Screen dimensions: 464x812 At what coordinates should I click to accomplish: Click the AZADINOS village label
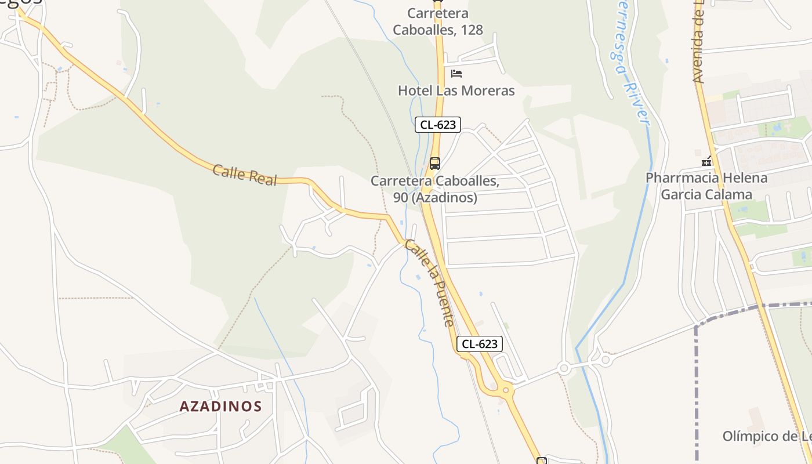pyautogui.click(x=220, y=406)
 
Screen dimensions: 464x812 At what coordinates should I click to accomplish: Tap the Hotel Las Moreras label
pyautogui.click(x=456, y=90)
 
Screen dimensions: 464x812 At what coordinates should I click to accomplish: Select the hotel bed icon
pyautogui.click(x=456, y=74)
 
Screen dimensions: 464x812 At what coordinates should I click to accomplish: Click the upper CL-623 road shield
pyautogui.click(x=438, y=124)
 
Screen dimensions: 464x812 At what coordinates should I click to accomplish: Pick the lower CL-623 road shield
pyautogui.click(x=480, y=343)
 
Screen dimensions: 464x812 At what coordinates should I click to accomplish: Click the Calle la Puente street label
pyautogui.click(x=429, y=282)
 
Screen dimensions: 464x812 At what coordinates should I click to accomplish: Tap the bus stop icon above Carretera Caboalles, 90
pyautogui.click(x=435, y=164)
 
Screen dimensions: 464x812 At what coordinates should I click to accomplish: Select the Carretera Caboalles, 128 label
pyautogui.click(x=438, y=21)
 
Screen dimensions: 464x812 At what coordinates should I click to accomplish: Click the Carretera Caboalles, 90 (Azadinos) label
pyautogui.click(x=435, y=189)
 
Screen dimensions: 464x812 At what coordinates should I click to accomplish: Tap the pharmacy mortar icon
pyautogui.click(x=706, y=161)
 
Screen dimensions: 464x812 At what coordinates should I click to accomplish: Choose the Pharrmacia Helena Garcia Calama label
pyautogui.click(x=706, y=186)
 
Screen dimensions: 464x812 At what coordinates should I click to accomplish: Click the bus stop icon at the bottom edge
pyautogui.click(x=542, y=461)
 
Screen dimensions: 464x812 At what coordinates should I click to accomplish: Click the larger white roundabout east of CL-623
pyautogui.click(x=564, y=368)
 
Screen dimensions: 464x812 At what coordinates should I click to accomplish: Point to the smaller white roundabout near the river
pyautogui.click(x=606, y=360)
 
